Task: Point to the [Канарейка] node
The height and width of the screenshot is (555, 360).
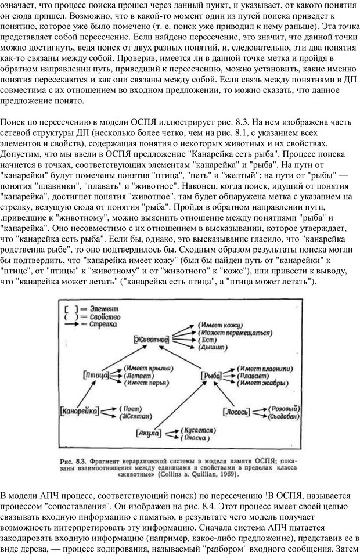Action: (78, 411)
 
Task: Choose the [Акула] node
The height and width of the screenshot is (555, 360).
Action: (149, 433)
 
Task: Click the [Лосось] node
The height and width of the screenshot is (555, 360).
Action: (237, 412)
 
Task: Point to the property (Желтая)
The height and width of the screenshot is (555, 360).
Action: (134, 416)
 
